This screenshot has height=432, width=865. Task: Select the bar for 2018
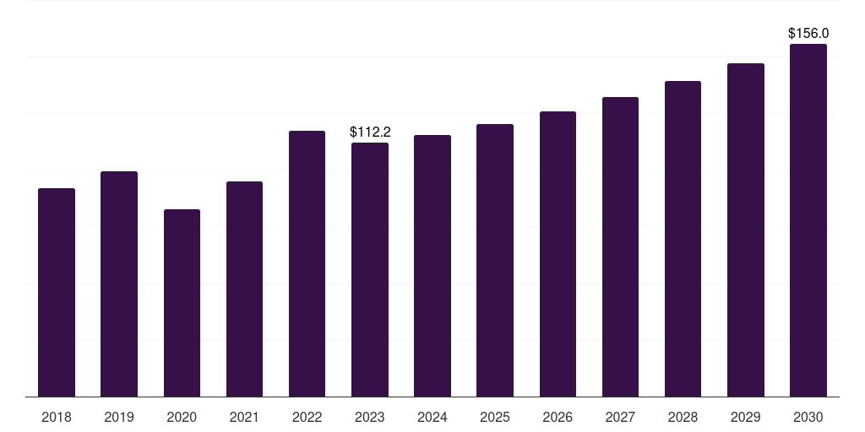click(57, 293)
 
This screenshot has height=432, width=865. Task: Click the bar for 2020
click(182, 303)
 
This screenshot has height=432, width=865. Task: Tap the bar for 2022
click(307, 264)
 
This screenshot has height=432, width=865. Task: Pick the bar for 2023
click(370, 270)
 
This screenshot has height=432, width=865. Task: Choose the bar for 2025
click(495, 261)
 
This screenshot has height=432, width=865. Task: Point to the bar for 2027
click(620, 247)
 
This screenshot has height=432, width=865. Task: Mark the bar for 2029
click(746, 230)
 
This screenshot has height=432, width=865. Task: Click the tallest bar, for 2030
click(808, 220)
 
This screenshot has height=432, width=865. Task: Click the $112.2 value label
click(370, 132)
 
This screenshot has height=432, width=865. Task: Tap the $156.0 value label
click(808, 34)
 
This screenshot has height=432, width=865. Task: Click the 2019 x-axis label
click(119, 418)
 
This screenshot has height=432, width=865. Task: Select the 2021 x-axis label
click(244, 418)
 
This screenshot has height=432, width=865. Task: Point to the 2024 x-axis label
click(432, 418)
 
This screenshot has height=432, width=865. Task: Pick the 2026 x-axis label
click(558, 418)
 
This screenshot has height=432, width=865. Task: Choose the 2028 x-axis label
click(683, 418)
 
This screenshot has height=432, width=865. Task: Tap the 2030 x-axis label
click(808, 418)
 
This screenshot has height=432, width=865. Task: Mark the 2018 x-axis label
click(57, 418)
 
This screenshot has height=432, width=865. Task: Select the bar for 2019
click(119, 284)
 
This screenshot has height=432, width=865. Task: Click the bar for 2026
click(558, 254)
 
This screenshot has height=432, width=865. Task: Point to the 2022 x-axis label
click(307, 418)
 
